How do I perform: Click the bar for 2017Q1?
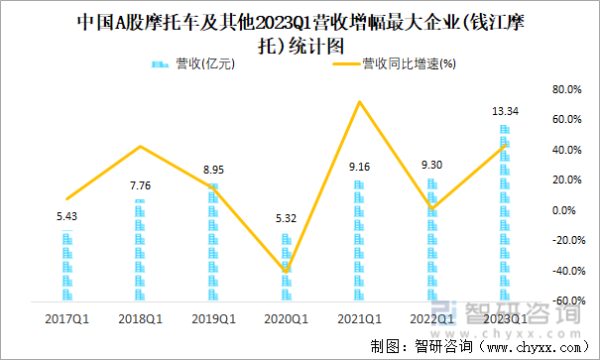[x=67, y=266]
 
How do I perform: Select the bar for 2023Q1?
[x=505, y=213]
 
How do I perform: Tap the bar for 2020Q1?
[x=287, y=267]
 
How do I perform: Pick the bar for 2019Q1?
[x=213, y=242]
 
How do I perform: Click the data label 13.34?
[x=505, y=112]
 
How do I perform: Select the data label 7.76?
[x=141, y=185]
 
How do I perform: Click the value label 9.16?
[x=359, y=168]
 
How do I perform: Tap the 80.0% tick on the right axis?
[x=565, y=89]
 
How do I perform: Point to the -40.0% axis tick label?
[x=565, y=271]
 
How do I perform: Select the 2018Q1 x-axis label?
[x=141, y=318]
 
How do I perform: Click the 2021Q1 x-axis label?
[x=359, y=318]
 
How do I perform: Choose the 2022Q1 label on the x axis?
[x=432, y=318]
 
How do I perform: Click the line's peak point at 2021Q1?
[x=359, y=102]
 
